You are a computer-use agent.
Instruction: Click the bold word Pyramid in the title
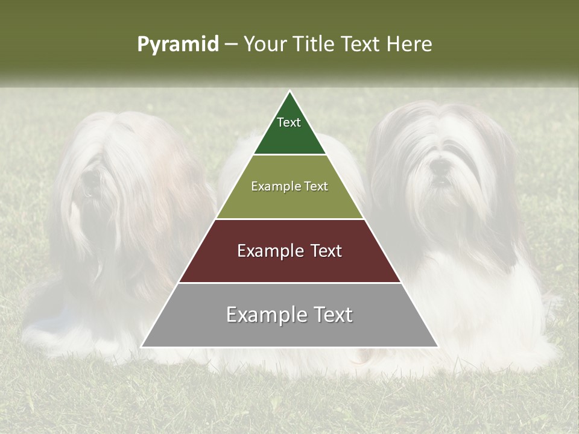tap(178, 45)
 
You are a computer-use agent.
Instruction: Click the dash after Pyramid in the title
tap(231, 45)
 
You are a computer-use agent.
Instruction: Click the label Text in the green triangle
tap(289, 122)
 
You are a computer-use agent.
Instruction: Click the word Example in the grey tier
tap(264, 315)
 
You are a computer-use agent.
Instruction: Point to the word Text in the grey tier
tap(331, 315)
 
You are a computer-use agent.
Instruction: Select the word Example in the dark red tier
tap(268, 251)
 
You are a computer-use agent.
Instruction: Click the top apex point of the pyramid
tap(289, 92)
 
